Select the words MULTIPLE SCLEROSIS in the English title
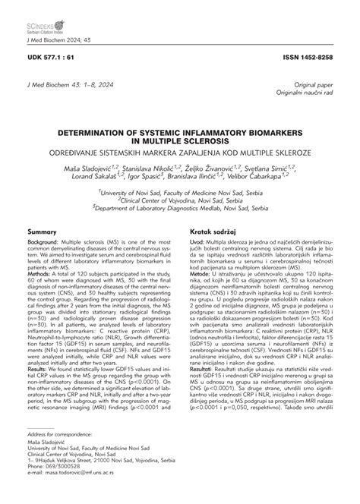tap(180, 140)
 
